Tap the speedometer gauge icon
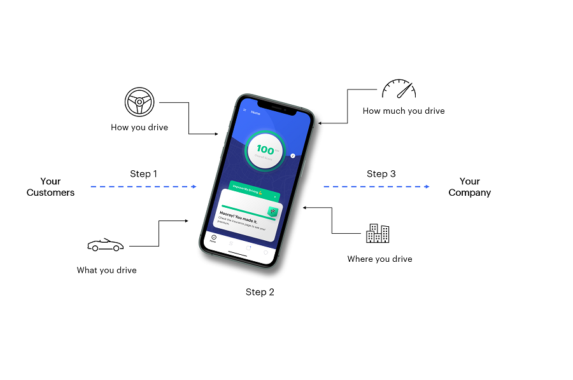pyautogui.click(x=399, y=89)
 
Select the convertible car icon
pyautogui.click(x=105, y=245)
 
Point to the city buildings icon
pyautogui.click(x=378, y=233)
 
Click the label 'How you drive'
pyautogui.click(x=139, y=127)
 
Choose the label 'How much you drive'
pyautogui.click(x=404, y=111)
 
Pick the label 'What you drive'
pyautogui.click(x=107, y=270)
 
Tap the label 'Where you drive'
pyautogui.click(x=379, y=259)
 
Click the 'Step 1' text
pyautogui.click(x=143, y=173)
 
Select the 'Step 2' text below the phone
pyautogui.click(x=260, y=292)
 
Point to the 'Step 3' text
pyautogui.click(x=381, y=173)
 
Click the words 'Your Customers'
pyautogui.click(x=50, y=187)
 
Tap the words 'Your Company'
pyautogui.click(x=470, y=187)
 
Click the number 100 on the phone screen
pyautogui.click(x=265, y=150)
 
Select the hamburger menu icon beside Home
pyautogui.click(x=244, y=110)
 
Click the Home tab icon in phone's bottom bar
pyautogui.click(x=213, y=238)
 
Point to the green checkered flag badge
pyautogui.click(x=272, y=212)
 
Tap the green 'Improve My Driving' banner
pyautogui.click(x=253, y=191)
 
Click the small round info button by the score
pyautogui.click(x=292, y=155)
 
